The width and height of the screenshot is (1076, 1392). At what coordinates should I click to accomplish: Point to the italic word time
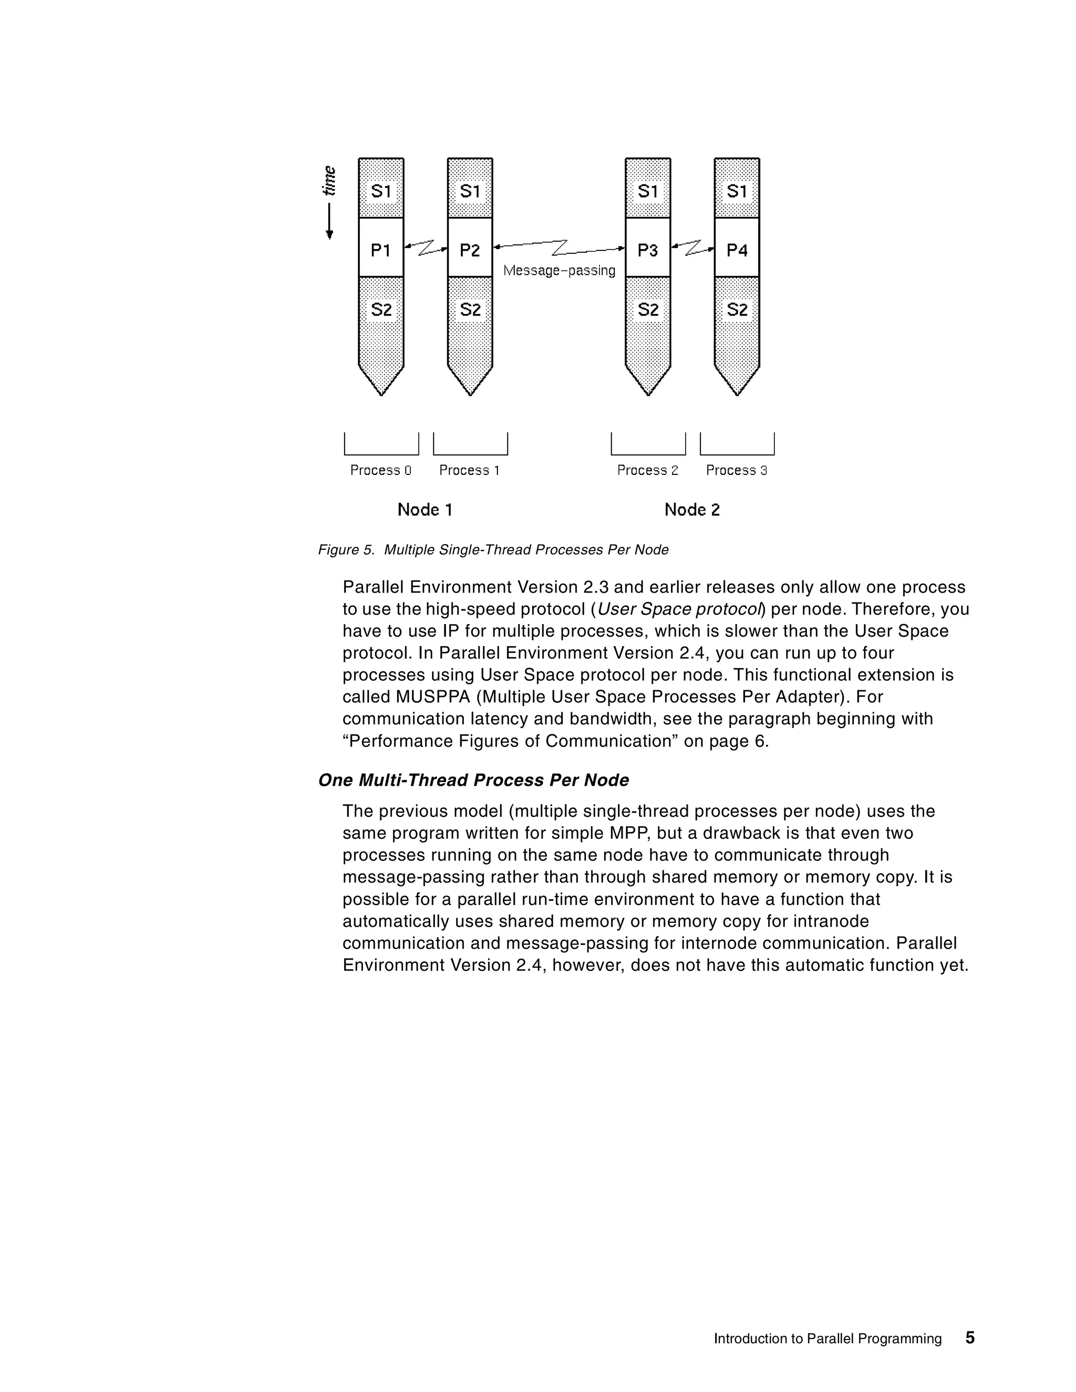(329, 181)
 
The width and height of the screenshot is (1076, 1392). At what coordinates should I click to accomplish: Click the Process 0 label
(380, 470)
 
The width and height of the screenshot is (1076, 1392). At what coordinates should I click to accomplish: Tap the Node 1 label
(425, 510)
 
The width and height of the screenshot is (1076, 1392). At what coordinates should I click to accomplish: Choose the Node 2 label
(691, 510)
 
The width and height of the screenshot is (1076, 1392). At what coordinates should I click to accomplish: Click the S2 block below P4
(737, 310)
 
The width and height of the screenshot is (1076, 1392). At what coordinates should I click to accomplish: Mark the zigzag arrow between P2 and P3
(559, 247)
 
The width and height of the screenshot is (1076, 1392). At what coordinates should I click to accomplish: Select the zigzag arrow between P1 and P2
(426, 247)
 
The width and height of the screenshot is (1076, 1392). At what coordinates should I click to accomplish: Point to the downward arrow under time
(329, 221)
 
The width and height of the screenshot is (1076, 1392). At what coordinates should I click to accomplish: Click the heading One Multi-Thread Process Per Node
(473, 781)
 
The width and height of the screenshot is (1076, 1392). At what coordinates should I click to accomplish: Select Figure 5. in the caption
(346, 550)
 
